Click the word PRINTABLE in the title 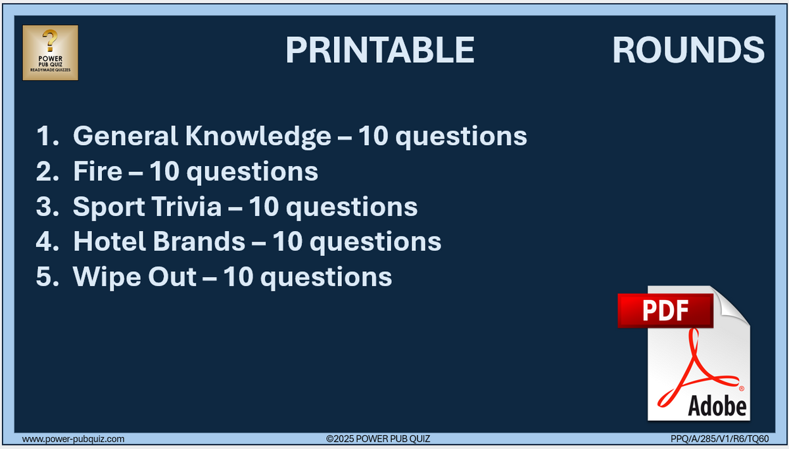(x=380, y=50)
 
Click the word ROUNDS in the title (x=688, y=50)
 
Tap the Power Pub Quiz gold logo (x=51, y=53)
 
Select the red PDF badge (x=665, y=310)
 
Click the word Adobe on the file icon (x=717, y=406)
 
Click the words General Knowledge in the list (x=202, y=136)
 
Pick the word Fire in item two (x=97, y=171)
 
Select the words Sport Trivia (x=147, y=207)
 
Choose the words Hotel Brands (x=158, y=242)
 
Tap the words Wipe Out (x=134, y=276)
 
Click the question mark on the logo (x=50, y=41)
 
